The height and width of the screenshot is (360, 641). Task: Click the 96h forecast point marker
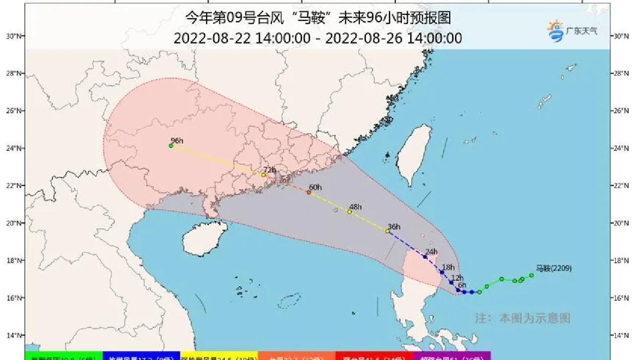pyautogui.click(x=171, y=146)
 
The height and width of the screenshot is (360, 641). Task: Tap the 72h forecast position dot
pyautogui.click(x=263, y=175)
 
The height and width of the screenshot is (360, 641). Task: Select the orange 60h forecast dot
pyautogui.click(x=309, y=192)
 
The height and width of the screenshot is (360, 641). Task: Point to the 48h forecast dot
pyautogui.click(x=349, y=212)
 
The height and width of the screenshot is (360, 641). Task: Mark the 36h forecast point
pyautogui.click(x=387, y=231)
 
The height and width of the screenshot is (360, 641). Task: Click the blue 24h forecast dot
pyautogui.click(x=425, y=257)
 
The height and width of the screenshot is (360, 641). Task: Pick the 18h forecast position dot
pyautogui.click(x=442, y=272)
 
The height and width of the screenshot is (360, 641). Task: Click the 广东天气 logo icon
pyautogui.click(x=556, y=31)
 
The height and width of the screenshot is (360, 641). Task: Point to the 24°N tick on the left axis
pyautogui.click(x=13, y=148)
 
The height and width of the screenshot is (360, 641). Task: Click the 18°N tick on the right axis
pyautogui.click(x=621, y=261)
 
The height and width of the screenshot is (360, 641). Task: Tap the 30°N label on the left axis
pyautogui.click(x=13, y=36)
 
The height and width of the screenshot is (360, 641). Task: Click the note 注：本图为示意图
pyautogui.click(x=522, y=318)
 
